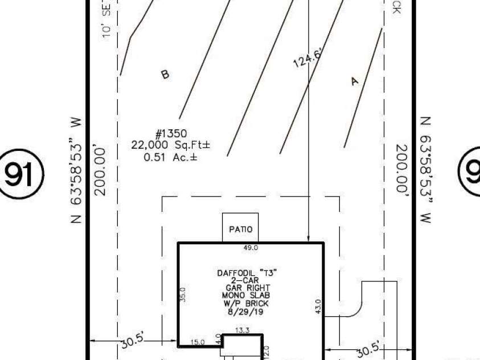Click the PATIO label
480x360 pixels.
[240, 230]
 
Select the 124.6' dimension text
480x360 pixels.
[308, 58]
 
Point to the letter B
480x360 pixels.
[165, 74]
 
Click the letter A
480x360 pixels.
[355, 81]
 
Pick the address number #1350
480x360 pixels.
[171, 134]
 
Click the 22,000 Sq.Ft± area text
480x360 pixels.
[170, 145]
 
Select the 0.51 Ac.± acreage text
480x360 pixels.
[170, 156]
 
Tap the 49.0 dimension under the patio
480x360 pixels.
[251, 248]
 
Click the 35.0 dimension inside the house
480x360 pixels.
[183, 294]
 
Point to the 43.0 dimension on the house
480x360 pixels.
[318, 306]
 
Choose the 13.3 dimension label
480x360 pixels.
[243, 330]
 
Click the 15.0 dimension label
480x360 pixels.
[197, 342]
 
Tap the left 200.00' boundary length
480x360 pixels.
[100, 171]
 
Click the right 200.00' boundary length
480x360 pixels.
[403, 169]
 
